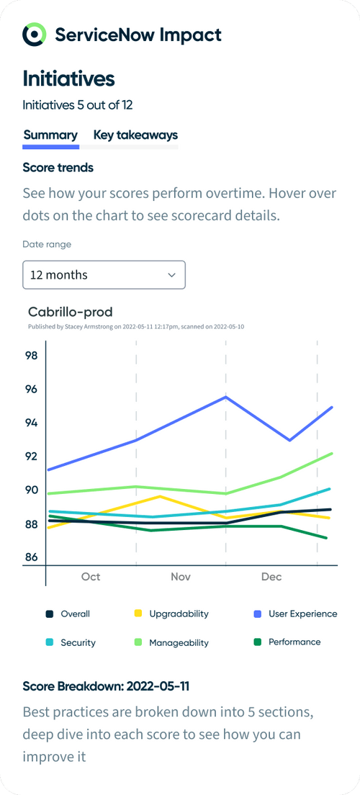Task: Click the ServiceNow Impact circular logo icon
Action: (x=34, y=34)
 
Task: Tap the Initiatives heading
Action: (x=68, y=78)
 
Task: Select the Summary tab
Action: (x=50, y=135)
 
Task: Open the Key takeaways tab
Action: (x=135, y=135)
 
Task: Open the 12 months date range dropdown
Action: (x=104, y=274)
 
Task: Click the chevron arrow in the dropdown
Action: (x=171, y=274)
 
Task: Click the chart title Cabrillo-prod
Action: (x=70, y=312)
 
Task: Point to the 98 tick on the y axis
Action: (x=31, y=355)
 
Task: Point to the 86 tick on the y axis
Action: (x=31, y=557)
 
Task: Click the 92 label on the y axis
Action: (x=31, y=456)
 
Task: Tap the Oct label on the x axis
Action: (x=91, y=577)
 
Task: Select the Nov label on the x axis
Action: (x=181, y=577)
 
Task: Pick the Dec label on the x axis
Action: (x=271, y=577)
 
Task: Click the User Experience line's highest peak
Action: (x=226, y=397)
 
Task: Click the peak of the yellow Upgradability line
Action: (x=159, y=496)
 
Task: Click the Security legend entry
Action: (x=69, y=642)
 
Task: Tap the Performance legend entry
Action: (x=287, y=642)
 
